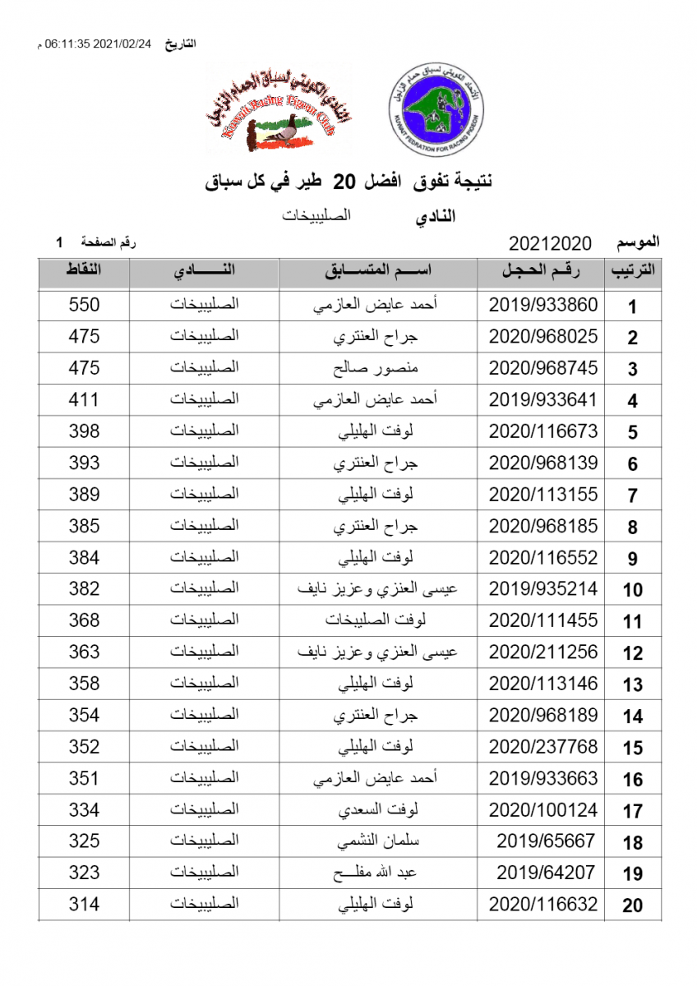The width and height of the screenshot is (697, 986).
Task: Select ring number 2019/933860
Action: [543, 305]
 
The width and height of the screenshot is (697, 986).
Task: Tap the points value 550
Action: [84, 305]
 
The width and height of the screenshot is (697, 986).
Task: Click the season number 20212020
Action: [550, 243]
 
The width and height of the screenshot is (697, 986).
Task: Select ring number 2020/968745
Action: [543, 367]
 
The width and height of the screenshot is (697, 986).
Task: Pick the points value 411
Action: [84, 399]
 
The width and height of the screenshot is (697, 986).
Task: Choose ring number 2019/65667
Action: [546, 841]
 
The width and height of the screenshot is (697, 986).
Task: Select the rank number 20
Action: [632, 905]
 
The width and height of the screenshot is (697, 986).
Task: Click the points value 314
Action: [84, 904]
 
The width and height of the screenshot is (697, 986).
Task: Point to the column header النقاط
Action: [84, 271]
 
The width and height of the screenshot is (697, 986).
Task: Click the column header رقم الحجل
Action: [542, 271]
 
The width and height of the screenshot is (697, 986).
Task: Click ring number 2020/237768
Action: [543, 746]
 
